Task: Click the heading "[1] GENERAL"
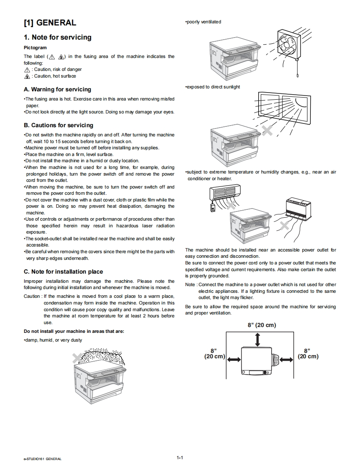[50, 23]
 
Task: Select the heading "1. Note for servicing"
[58, 38]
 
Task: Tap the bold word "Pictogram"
[35, 48]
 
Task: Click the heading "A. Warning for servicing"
[58, 89]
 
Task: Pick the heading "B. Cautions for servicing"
[59, 125]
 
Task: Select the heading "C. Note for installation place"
[63, 272]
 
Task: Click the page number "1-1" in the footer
[180, 458]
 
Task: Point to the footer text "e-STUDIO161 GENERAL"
[43, 459]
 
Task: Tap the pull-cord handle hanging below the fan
[298, 75]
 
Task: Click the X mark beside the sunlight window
[267, 130]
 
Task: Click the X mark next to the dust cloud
[77, 357]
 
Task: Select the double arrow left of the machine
[234, 360]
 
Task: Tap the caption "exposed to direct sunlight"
[213, 87]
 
